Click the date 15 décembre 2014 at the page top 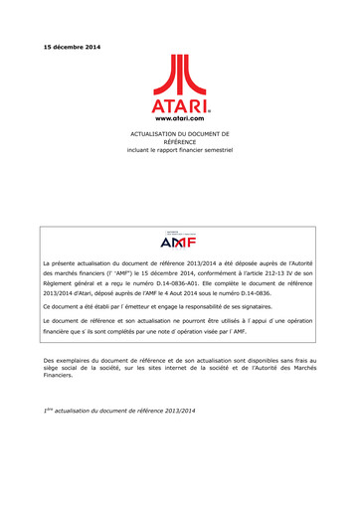[72, 48]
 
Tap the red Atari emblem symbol [180, 76]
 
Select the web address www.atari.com [180, 118]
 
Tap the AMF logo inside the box [180, 239]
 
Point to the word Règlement [59, 282]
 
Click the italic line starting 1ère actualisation [118, 409]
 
